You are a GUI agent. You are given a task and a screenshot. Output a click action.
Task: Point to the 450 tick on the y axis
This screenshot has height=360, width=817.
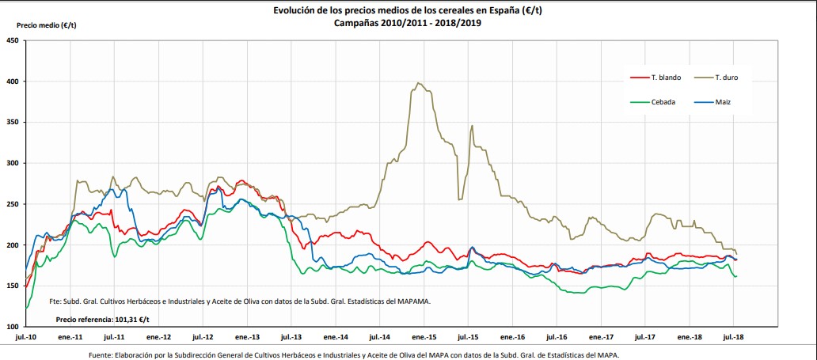[13, 40]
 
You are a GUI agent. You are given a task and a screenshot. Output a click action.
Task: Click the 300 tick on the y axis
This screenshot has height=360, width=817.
[13, 163]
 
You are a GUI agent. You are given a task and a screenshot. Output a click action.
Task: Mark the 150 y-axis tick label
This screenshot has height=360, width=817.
[13, 286]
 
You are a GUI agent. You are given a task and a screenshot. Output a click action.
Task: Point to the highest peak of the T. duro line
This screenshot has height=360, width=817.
[419, 83]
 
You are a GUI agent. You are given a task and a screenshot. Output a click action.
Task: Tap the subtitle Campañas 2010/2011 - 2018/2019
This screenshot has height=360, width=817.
[408, 23]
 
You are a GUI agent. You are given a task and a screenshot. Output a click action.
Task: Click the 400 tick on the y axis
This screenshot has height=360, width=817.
[13, 81]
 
